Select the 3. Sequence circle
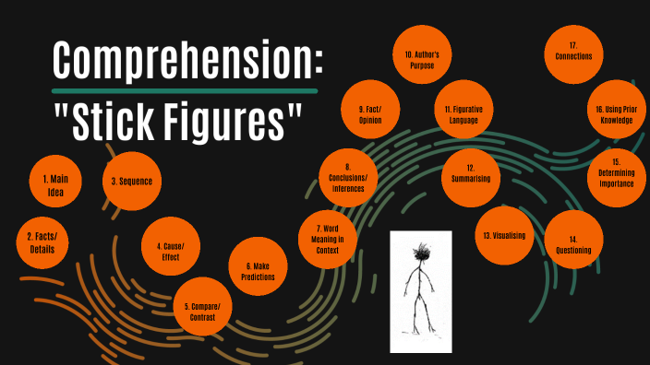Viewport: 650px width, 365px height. (131, 181)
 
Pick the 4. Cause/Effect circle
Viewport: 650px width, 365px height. (170, 252)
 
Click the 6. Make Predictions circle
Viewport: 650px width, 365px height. (258, 270)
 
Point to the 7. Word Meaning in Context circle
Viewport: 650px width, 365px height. (330, 239)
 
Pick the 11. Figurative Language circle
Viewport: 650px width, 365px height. (463, 114)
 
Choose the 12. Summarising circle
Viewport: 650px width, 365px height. (470, 173)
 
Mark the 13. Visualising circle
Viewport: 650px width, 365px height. (503, 236)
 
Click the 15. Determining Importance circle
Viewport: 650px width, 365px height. (616, 173)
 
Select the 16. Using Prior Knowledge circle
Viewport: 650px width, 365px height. (617, 114)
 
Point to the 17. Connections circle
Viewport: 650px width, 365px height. (573, 51)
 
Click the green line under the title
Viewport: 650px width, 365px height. (185, 91)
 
